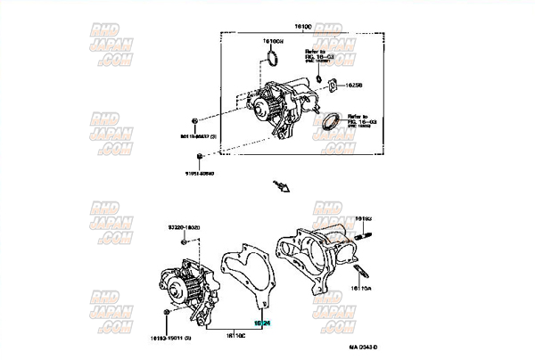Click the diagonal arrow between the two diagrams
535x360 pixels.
coord(282,185)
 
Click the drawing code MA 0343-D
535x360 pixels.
coord(363,346)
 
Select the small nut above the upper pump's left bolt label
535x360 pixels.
coord(194,119)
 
